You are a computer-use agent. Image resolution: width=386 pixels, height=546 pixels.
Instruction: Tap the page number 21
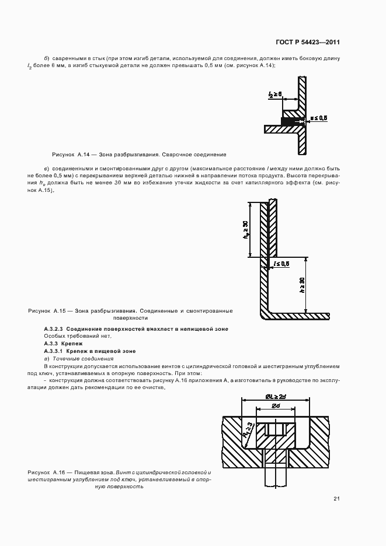pos(337,498)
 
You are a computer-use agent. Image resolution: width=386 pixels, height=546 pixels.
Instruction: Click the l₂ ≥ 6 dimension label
pos(275,93)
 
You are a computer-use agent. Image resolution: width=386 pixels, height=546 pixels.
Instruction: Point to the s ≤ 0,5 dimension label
pos(318,118)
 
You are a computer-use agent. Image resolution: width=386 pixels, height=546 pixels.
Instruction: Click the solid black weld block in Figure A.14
pos(289,121)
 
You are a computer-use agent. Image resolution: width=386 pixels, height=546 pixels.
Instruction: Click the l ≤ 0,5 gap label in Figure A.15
pos(281,264)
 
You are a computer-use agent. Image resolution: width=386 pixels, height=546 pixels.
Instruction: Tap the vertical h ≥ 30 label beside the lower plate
pos(302,289)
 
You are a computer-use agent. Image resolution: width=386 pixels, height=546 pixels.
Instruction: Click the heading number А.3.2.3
pos(57,329)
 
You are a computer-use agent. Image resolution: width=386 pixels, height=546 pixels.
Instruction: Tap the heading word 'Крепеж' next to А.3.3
pos(76,344)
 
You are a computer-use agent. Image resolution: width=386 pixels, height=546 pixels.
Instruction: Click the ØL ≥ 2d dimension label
pos(275,397)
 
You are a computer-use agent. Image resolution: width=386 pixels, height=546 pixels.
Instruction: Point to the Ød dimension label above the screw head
pos(275,406)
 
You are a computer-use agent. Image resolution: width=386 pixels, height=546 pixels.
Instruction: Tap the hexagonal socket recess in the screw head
pos(274,430)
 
